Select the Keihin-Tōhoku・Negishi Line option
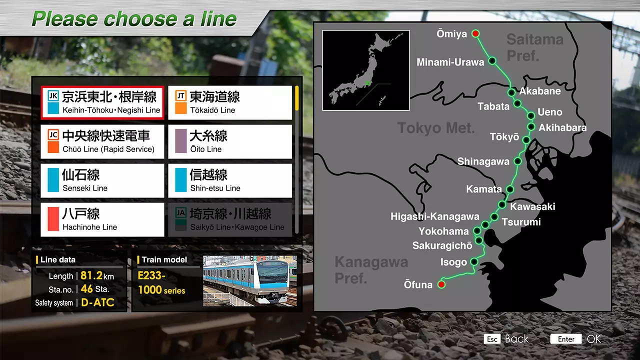102,103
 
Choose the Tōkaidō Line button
230,103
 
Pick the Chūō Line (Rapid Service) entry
102,142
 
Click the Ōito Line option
230,142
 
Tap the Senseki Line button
102,181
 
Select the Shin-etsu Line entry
230,181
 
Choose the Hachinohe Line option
102,220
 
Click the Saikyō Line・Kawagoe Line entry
230,220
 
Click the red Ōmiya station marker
476,34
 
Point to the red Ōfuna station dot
441,284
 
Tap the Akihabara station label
562,127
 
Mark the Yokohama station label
444,231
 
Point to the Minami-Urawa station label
450,62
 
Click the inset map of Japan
366,70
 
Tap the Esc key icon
492,339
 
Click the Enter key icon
566,339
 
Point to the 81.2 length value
91,276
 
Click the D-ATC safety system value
97,302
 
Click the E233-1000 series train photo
249,281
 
